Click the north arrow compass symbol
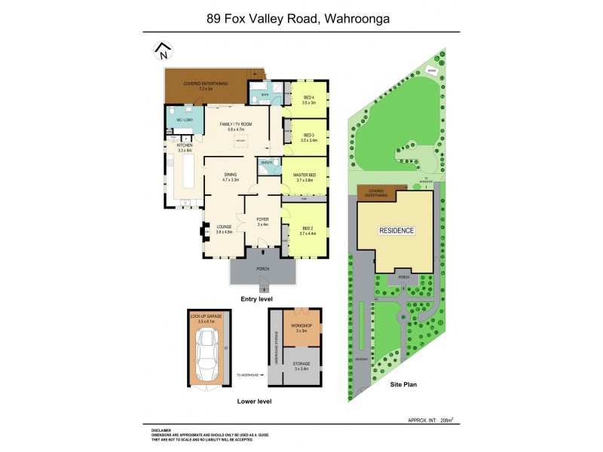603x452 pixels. (x=163, y=51)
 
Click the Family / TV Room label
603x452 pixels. (x=235, y=126)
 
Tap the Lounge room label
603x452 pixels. (x=224, y=228)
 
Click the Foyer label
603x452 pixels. (x=263, y=221)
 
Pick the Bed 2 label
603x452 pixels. (x=308, y=230)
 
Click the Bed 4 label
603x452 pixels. (x=308, y=99)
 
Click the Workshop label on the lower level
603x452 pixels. (x=301, y=328)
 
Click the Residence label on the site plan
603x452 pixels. (x=396, y=231)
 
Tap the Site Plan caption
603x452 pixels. (x=403, y=385)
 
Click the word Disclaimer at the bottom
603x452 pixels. (x=161, y=429)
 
